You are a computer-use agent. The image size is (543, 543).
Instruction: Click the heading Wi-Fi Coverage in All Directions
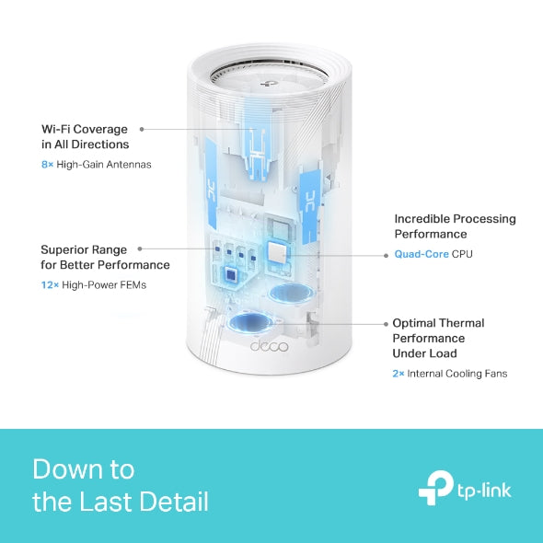pos(85,137)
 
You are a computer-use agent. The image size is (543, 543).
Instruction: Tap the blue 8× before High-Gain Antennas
pos(48,165)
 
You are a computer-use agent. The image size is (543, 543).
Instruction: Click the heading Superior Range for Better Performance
pos(105,257)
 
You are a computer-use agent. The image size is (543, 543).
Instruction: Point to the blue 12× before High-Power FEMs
pos(50,285)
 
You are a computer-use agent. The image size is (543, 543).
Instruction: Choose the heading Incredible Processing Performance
pos(455,226)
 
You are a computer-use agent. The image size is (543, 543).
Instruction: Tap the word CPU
pos(462,254)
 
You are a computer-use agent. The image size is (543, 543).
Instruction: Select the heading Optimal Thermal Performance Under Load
pos(438,338)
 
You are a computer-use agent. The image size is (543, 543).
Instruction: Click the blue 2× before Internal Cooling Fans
pos(399,374)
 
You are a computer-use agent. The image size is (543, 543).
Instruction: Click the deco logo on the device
pos(269,346)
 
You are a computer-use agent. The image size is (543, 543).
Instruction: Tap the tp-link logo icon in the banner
pos(435,487)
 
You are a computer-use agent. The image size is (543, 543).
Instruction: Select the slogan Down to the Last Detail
pos(120,485)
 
